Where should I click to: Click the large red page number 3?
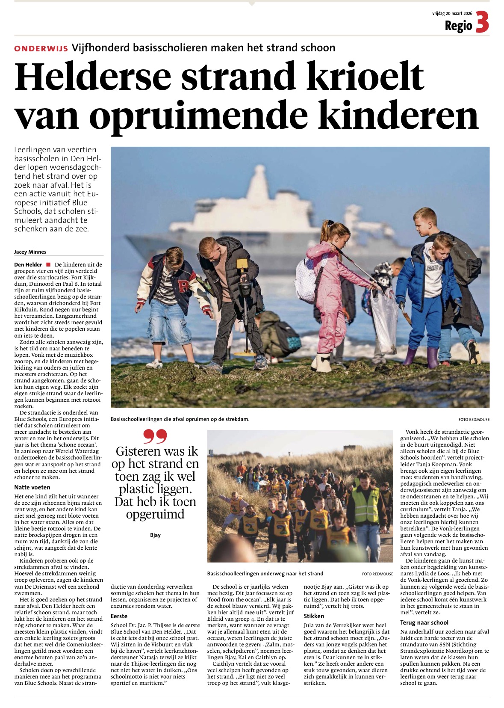[x=482, y=22]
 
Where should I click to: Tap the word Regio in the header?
[x=458, y=26]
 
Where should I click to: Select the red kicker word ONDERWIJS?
[x=41, y=49]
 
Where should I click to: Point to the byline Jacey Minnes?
[x=30, y=252]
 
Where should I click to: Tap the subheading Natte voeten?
[x=32, y=487]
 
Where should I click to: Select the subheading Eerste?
[x=119, y=616]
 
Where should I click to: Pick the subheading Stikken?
[x=314, y=616]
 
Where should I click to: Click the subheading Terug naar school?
[x=424, y=622]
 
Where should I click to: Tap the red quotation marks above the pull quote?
[x=155, y=437]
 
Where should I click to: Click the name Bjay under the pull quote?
[x=155, y=535]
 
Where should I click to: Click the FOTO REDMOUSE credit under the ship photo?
[x=474, y=420]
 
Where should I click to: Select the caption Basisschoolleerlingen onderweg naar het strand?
[x=265, y=574]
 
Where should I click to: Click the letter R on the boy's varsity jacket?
[x=184, y=286]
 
